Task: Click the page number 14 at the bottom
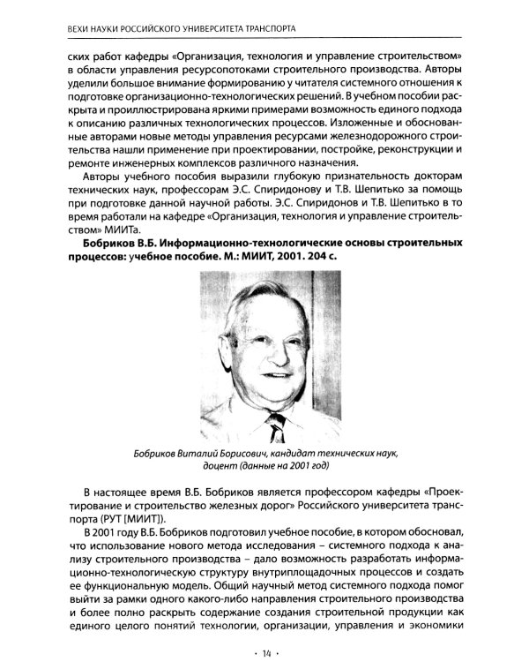pyautogui.click(x=264, y=651)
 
